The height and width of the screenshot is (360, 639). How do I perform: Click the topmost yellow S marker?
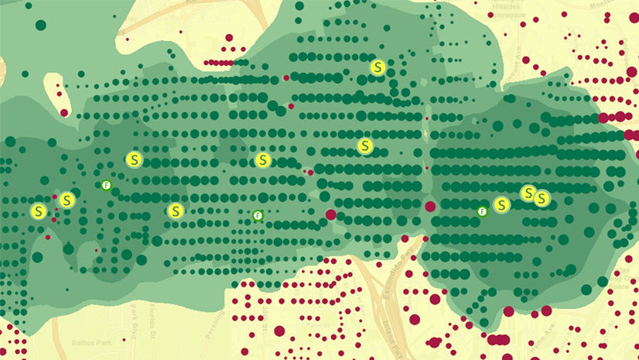[x=378, y=67]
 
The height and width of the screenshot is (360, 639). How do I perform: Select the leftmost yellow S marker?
[x=38, y=211]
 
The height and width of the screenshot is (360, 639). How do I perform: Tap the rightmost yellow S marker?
[x=542, y=198]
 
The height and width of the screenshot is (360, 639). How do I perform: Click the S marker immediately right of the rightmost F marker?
[x=502, y=205]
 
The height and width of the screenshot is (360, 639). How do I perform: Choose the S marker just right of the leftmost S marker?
[x=67, y=200]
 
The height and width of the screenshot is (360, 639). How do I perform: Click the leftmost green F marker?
[x=107, y=185]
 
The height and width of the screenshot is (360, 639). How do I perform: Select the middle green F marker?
[x=258, y=215]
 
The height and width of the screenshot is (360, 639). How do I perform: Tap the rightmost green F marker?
[x=482, y=211]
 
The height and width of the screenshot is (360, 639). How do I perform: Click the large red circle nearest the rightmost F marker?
[x=430, y=207]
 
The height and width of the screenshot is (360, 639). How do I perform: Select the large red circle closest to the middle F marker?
[x=330, y=214]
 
